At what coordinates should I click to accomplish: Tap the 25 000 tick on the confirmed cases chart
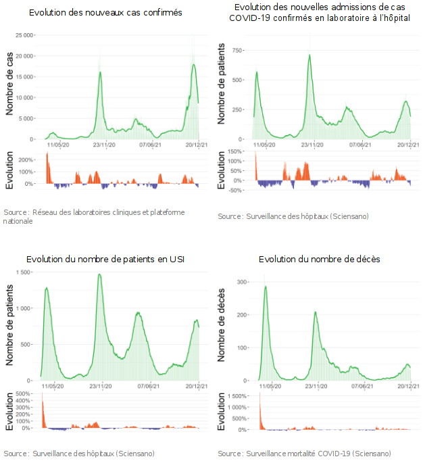[26, 35]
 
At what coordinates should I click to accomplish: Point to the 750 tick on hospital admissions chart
[238, 50]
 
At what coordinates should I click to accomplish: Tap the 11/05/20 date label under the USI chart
[53, 387]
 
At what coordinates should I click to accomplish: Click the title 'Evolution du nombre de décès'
[319, 260]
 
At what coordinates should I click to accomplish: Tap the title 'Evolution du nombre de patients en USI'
[105, 260]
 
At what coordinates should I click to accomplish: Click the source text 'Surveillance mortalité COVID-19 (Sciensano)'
[304, 453]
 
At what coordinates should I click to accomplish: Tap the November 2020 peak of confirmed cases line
[101, 72]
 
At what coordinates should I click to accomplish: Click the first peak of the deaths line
[266, 286]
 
